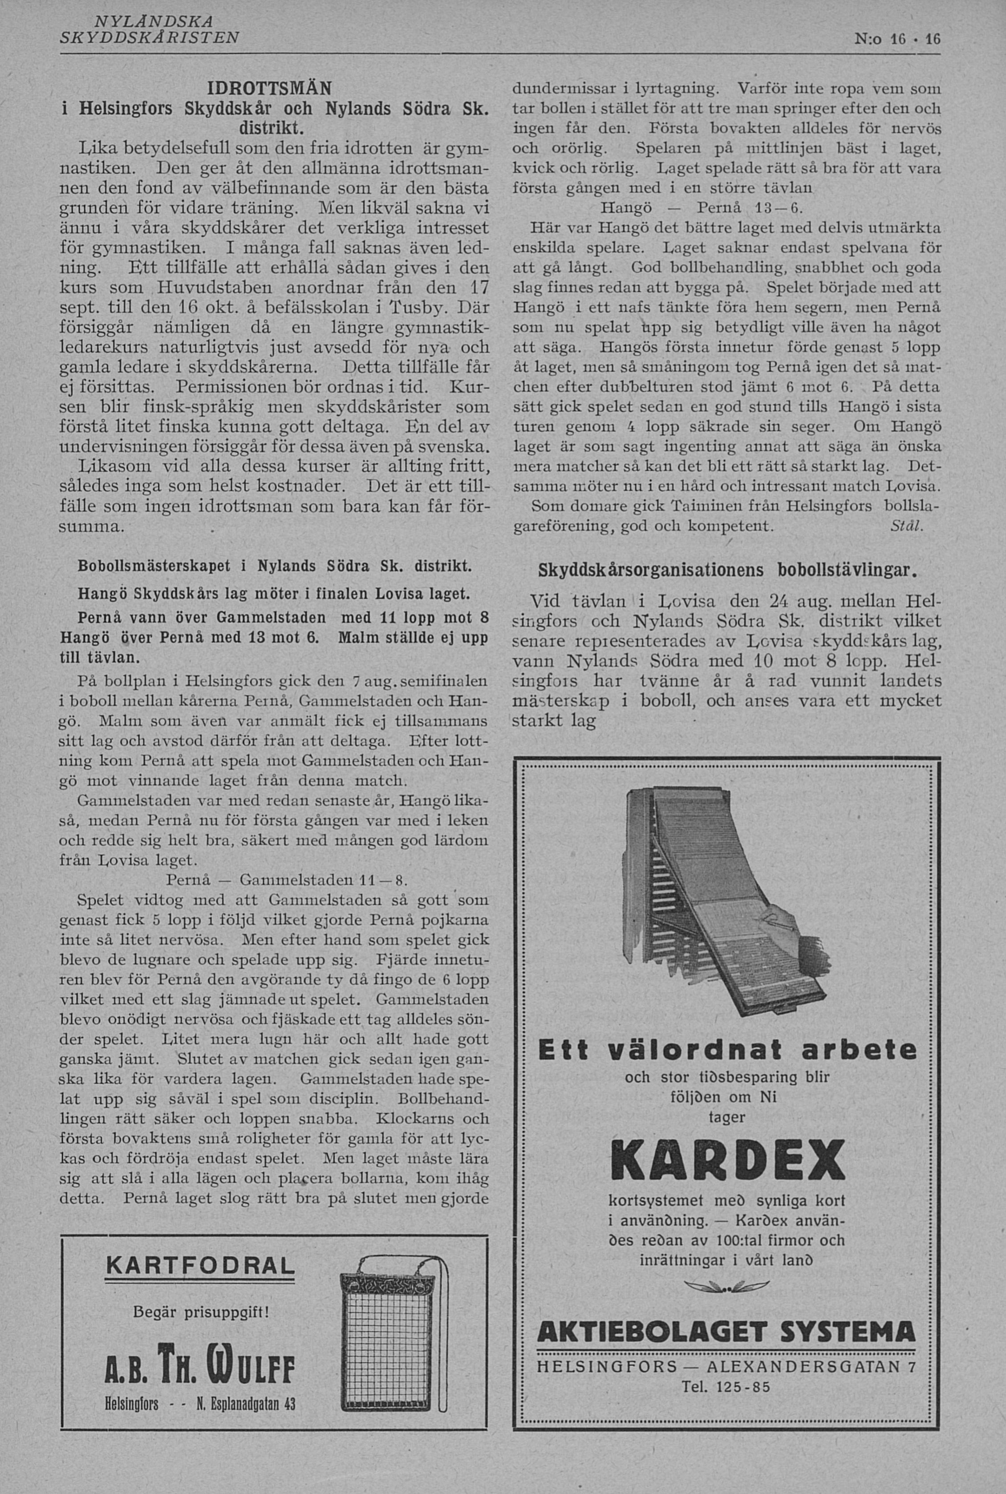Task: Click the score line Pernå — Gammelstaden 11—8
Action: click(x=288, y=878)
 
